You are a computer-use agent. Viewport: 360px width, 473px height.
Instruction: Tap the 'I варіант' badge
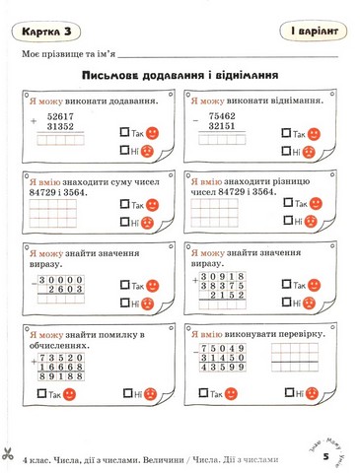(305, 32)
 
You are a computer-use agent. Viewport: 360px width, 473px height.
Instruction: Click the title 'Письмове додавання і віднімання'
(179, 75)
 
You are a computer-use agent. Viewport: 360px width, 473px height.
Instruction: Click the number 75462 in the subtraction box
(227, 115)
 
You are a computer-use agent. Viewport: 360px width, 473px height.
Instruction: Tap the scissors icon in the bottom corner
(7, 454)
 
